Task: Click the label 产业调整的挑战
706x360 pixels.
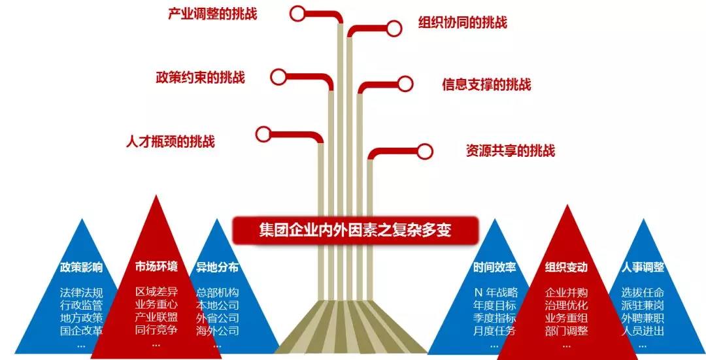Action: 212,14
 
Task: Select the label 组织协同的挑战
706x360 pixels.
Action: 463,22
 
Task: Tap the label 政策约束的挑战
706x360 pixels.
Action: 201,77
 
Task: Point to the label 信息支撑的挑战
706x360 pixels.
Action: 487,84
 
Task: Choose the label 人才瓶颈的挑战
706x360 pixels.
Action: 171,141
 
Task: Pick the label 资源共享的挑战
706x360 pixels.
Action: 511,150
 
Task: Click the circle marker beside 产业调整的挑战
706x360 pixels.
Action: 297,14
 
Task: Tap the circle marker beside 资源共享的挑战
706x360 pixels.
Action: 425,152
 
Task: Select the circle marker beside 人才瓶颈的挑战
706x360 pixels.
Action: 263,134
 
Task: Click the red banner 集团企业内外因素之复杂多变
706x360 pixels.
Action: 355,231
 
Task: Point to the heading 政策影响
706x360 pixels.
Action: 82,267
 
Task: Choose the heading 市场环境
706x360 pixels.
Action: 156,267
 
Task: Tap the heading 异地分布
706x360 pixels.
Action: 217,267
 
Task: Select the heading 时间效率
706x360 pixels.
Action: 494,267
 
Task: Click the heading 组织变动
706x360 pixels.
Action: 566,267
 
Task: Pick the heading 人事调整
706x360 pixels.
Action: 643,267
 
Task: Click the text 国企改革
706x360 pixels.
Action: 82,331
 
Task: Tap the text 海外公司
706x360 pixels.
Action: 218,331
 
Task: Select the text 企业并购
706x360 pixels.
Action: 566,293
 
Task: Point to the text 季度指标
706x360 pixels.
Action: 494,318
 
